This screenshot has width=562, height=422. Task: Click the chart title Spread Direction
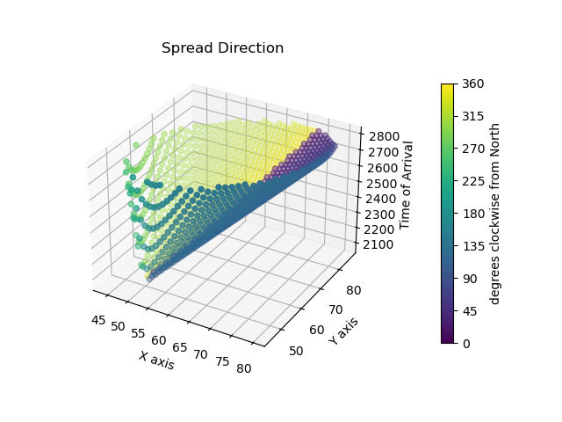[222, 48]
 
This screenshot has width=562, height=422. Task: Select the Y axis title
[343, 331]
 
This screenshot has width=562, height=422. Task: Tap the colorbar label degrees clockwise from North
[494, 213]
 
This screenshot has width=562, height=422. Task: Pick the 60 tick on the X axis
[157, 339]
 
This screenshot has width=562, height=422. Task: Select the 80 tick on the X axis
[244, 367]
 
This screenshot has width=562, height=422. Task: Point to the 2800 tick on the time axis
[385, 136]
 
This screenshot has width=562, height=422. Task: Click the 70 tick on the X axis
[200, 353]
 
